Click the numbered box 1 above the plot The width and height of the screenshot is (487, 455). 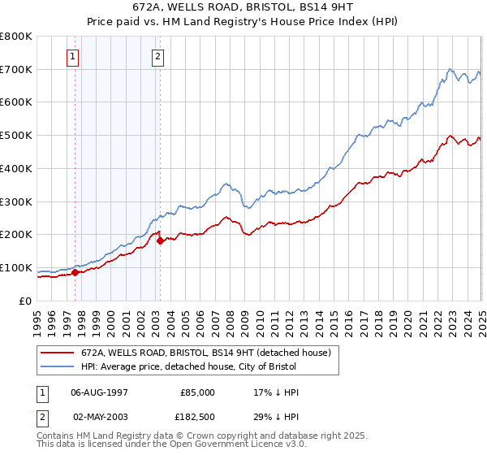[73, 57]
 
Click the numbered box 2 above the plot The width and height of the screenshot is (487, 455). [157, 57]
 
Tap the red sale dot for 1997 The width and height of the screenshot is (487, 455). [75, 273]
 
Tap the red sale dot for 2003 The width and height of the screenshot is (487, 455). [161, 240]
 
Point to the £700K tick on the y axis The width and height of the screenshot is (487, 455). [17, 69]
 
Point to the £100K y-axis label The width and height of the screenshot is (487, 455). [17, 267]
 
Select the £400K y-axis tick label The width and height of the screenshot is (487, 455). [17, 168]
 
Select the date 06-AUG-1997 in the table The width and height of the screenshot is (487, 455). [100, 392]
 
